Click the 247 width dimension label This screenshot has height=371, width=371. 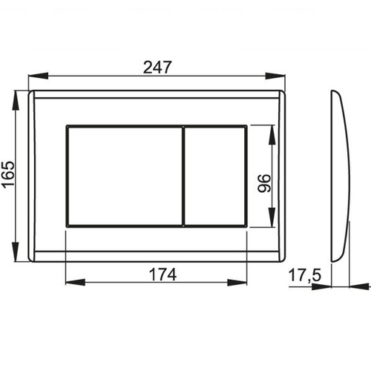coord(157,68)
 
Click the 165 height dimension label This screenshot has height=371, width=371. coord(8,174)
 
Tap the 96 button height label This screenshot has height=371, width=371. coord(264,183)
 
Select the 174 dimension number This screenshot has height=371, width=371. coord(162,275)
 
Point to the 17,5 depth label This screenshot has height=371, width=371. coord(305,275)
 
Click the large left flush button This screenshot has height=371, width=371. coord(125,176)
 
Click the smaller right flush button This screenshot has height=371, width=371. coord(215,176)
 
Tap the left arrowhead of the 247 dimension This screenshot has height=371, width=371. coord(38,76)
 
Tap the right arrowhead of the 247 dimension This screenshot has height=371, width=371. coord(275,76)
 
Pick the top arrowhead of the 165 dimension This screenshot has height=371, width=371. coord(16,100)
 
